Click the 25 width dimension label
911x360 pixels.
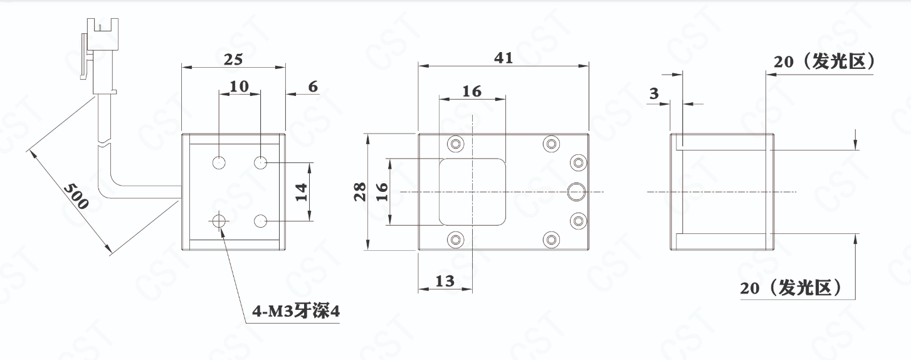(x=233, y=60)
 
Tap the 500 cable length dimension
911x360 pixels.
(x=76, y=196)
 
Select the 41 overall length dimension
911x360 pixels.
(x=503, y=58)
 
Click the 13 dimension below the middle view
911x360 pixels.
(x=445, y=281)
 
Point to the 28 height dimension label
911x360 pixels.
(x=360, y=191)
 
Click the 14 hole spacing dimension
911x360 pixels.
(x=301, y=192)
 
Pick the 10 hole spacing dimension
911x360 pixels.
(x=239, y=87)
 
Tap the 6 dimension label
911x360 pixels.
(x=313, y=87)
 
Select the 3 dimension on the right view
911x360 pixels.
(x=654, y=93)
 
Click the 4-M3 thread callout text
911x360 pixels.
(x=296, y=312)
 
